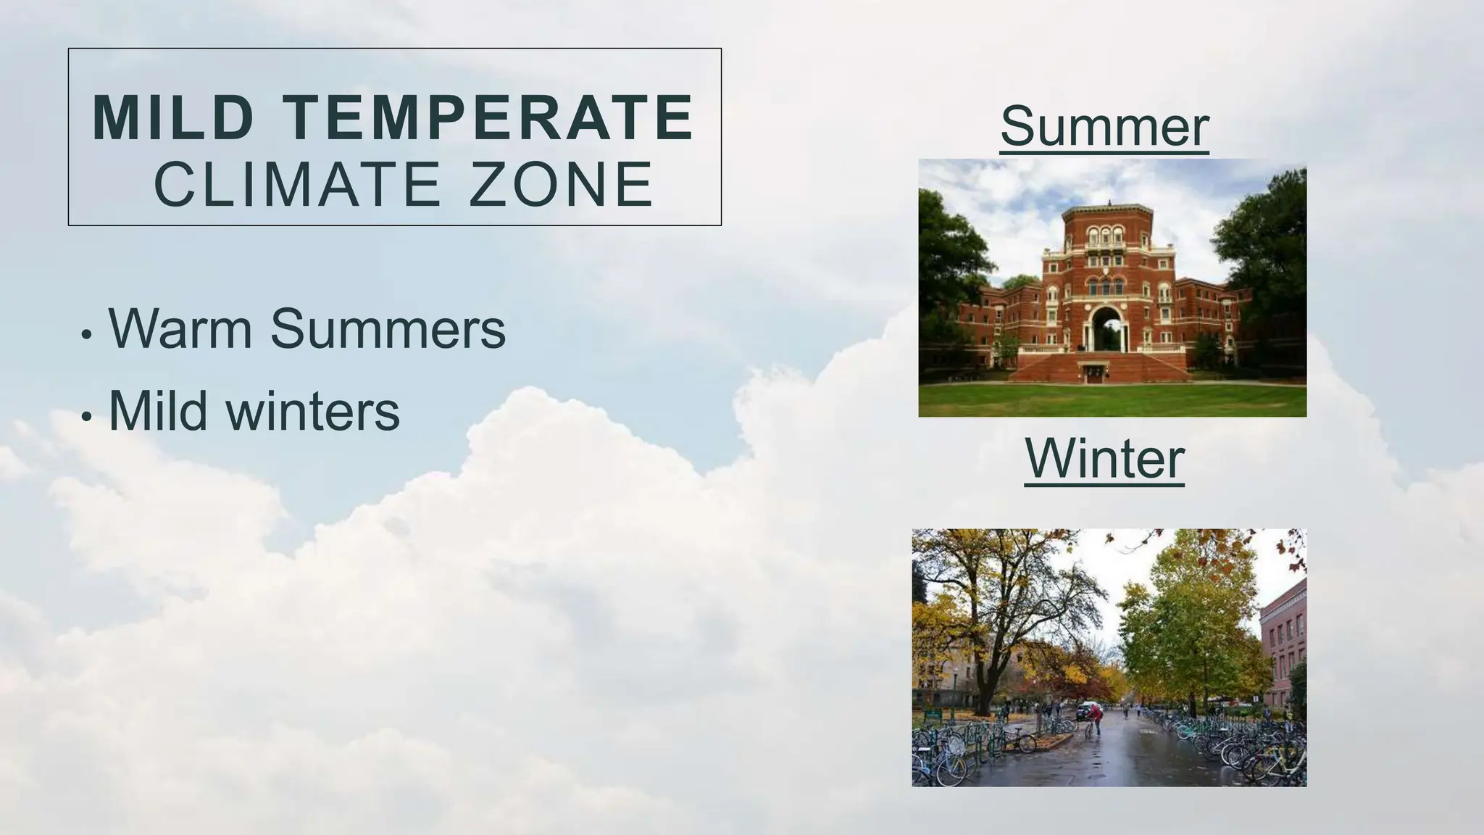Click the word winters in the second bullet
(312, 411)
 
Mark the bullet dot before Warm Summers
(87, 336)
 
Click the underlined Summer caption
(1104, 126)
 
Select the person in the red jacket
(1097, 718)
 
